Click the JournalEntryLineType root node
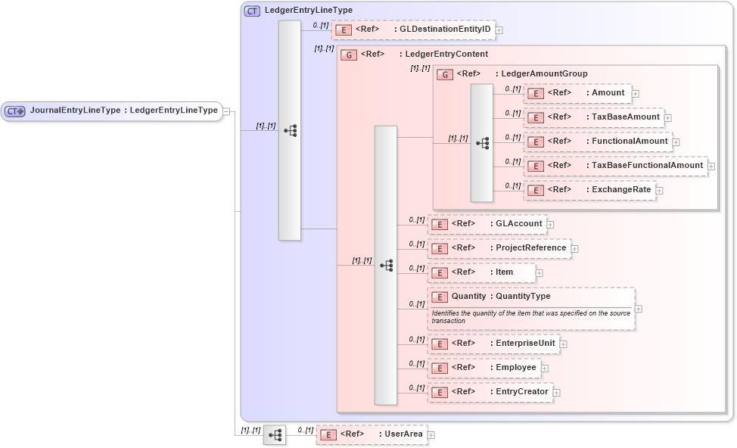112,110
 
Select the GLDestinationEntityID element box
413,30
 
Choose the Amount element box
577,93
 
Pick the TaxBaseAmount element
592,117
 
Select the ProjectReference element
499,248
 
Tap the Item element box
481,272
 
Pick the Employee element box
484,368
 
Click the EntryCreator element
490,392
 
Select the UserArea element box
371,434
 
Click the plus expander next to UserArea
431,435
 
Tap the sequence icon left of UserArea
275,435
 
